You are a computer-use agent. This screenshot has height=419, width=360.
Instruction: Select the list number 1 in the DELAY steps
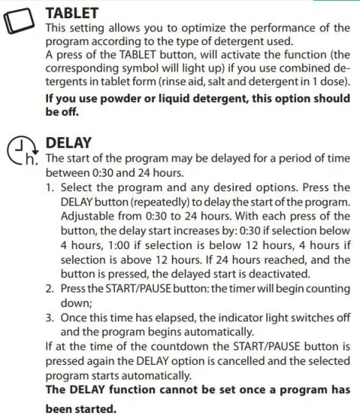[49, 187]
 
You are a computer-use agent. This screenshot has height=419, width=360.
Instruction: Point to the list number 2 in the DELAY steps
[49, 289]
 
